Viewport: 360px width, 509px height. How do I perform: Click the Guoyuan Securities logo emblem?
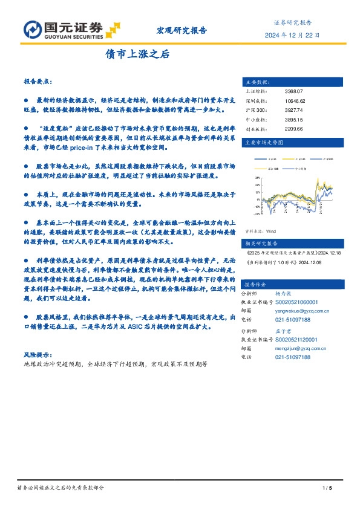click(31, 30)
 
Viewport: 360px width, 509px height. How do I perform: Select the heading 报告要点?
click(38, 80)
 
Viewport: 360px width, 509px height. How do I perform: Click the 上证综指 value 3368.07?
click(292, 91)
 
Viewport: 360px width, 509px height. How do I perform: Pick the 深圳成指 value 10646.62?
click(295, 102)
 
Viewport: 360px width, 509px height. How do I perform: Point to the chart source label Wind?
click(270, 231)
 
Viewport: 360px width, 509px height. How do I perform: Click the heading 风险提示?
click(38, 354)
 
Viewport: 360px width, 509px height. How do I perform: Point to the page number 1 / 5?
click(329, 488)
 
